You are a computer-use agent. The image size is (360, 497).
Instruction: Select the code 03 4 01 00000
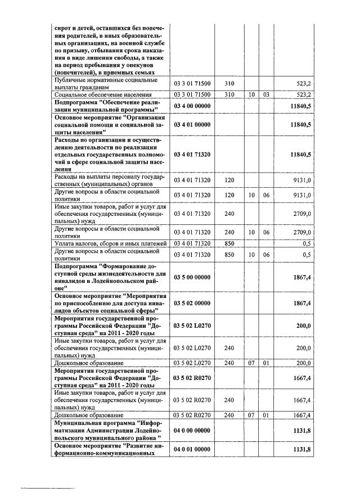[x=192, y=125]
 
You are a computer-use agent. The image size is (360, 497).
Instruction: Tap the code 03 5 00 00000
[x=192, y=277]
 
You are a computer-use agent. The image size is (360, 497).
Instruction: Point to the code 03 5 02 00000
[x=192, y=304]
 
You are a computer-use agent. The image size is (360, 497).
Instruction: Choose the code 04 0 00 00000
[x=192, y=431]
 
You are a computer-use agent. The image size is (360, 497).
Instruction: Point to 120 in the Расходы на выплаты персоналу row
[x=229, y=180]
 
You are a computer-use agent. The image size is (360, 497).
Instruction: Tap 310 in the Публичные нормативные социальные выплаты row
[x=229, y=83]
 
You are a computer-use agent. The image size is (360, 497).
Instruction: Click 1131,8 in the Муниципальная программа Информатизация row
[x=301, y=431]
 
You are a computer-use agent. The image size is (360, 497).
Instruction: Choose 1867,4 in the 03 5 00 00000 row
[x=301, y=277]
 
